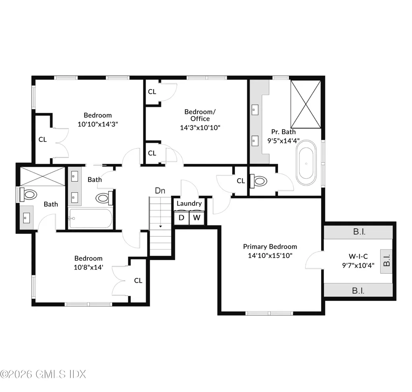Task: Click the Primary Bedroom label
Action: [x=270, y=246]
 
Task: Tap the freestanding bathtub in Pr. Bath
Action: [x=307, y=164]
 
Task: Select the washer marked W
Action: [x=196, y=218]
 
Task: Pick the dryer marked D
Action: [x=181, y=218]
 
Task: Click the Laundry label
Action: [x=189, y=204]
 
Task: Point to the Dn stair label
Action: [x=160, y=191]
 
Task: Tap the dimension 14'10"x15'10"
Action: [x=270, y=255]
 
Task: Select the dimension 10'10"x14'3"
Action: [x=97, y=124]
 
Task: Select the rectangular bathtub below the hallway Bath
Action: [x=90, y=219]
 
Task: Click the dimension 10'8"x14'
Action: [x=88, y=267]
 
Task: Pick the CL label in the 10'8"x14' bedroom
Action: [x=138, y=281]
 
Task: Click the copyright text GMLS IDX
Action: [x=43, y=374]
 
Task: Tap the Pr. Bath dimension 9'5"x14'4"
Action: [x=283, y=140]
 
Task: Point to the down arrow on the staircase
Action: [x=161, y=226]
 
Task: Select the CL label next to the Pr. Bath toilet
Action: [x=241, y=181]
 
